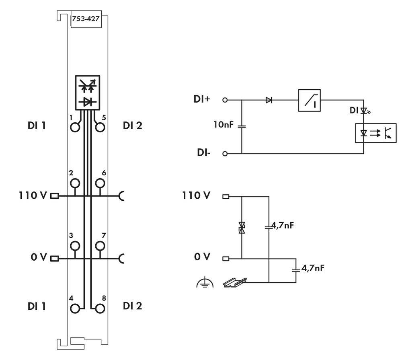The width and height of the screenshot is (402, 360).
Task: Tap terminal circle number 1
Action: tap(75, 127)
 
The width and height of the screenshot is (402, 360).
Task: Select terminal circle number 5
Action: tap(100, 127)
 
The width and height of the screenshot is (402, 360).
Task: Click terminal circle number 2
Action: tap(75, 184)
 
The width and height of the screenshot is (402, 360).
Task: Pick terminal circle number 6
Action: tap(100, 184)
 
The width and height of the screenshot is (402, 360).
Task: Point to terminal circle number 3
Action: tap(75, 245)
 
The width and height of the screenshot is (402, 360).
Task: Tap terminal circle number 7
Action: tap(100, 245)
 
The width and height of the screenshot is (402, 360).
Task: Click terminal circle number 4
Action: tap(75, 309)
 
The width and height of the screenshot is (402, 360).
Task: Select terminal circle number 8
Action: tap(100, 309)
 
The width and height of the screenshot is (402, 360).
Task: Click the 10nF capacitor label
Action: tap(223, 125)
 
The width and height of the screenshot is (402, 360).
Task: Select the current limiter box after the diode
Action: tap(309, 100)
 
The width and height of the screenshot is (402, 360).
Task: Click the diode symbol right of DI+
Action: tap(269, 100)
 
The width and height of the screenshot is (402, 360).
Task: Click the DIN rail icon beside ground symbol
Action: tap(235, 282)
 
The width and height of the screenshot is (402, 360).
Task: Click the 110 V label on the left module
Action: tap(32, 196)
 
